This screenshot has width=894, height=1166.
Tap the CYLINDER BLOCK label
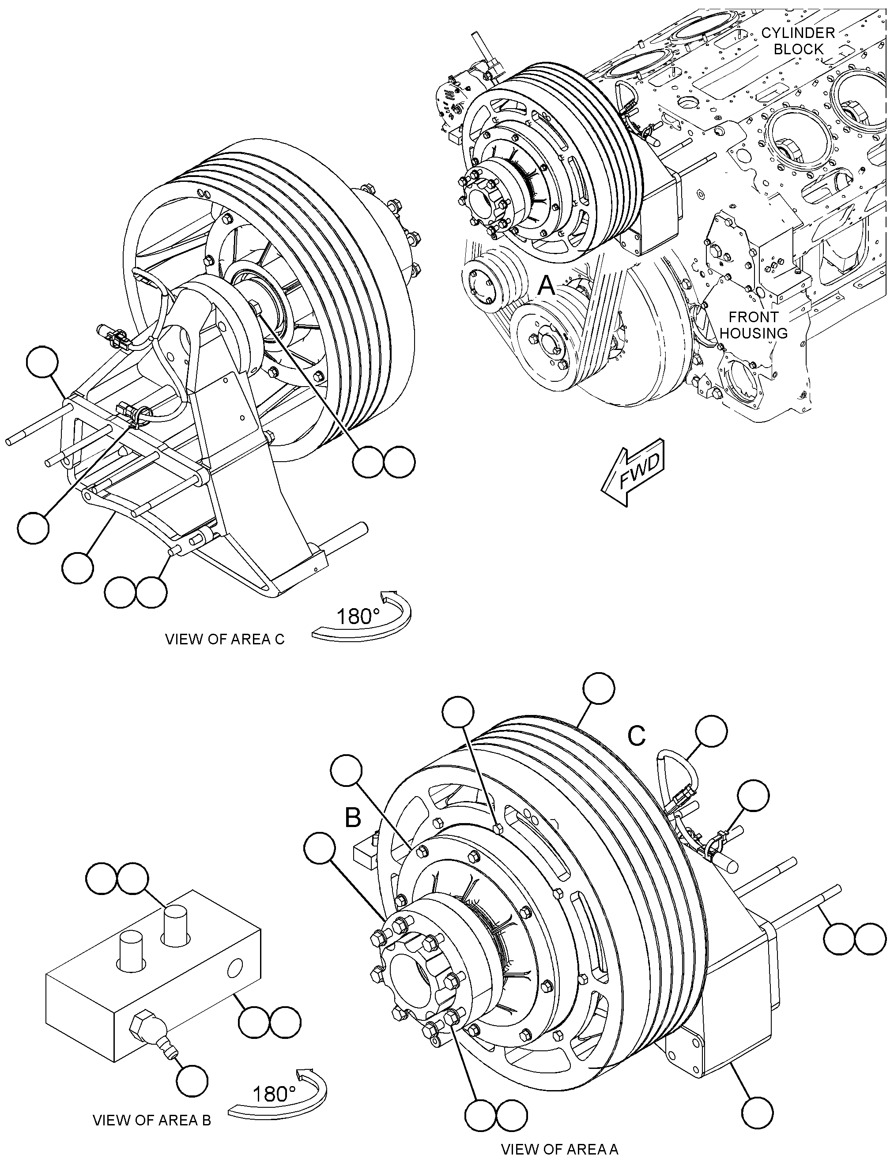[798, 41]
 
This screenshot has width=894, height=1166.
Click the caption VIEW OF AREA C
[225, 639]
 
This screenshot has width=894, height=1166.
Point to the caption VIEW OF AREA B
[152, 1120]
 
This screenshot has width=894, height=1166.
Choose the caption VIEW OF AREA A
[559, 1150]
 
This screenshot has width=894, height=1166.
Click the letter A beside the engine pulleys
[547, 286]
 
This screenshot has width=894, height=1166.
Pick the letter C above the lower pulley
[637, 736]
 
